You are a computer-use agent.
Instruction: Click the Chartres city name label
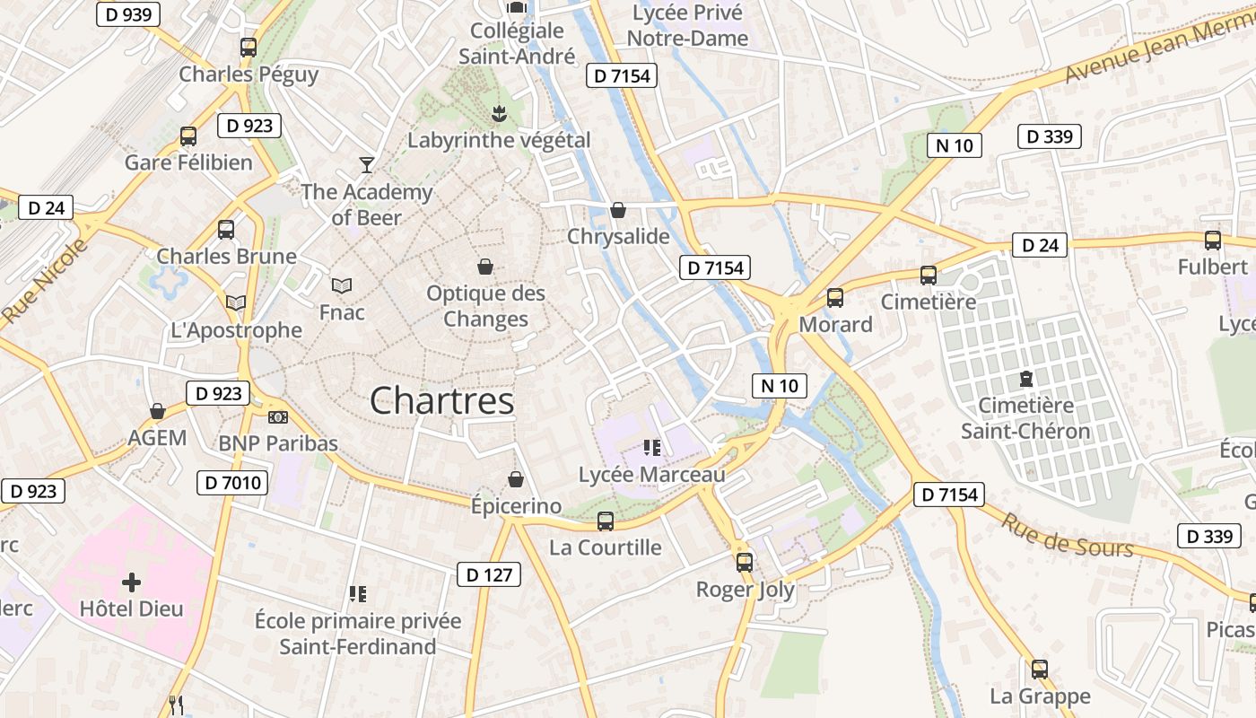[442, 400]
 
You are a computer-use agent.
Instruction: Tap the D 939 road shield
[127, 14]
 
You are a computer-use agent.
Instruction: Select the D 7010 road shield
[231, 483]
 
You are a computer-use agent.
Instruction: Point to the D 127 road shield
[489, 574]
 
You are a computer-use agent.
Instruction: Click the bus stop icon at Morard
[835, 297]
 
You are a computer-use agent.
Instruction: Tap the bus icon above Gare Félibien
[188, 136]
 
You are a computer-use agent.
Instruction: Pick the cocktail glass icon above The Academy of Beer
[366, 164]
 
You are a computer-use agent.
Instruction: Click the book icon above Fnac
[341, 285]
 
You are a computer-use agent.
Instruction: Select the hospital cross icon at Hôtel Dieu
[131, 582]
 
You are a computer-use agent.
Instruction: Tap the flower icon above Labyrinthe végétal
[499, 113]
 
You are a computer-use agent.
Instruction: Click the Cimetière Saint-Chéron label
[1025, 418]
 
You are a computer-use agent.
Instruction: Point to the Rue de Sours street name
[1067, 535]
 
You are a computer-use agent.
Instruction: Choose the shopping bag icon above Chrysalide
[618, 210]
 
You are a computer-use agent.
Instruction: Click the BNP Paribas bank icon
[278, 416]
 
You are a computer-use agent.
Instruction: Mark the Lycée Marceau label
[651, 475]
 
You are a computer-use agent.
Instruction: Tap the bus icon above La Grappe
[1039, 669]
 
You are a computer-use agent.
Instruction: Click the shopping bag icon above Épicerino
[516, 479]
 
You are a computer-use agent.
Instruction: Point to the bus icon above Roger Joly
[745, 563]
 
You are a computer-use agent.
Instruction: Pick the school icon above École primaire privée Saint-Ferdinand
[358, 593]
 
